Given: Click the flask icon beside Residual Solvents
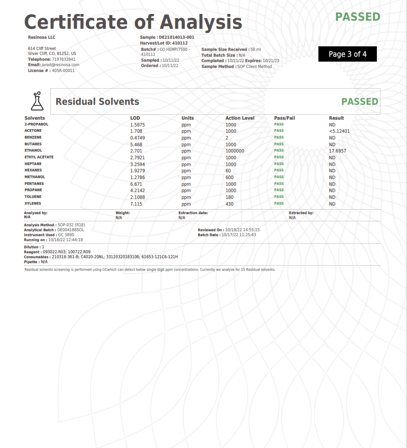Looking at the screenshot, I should [37, 101].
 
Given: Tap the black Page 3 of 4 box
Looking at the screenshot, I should [347, 54].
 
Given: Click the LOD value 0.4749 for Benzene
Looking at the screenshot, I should [137, 138].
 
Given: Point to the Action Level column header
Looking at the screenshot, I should [240, 118].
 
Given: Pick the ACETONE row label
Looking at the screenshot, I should [33, 131].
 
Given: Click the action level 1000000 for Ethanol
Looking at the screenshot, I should [235, 151].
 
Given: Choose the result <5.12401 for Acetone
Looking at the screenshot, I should [339, 131].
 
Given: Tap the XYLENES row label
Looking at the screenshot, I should [33, 204].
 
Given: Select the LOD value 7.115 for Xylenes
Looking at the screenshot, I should [136, 204].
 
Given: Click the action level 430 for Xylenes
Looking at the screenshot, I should [229, 204].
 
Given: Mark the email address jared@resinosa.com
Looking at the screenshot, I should [60, 65].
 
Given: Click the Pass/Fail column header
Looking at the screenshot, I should [284, 118].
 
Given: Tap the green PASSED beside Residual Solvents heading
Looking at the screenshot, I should [359, 101].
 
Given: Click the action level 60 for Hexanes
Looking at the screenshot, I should [228, 171].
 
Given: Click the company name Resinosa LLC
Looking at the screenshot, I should [42, 37].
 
